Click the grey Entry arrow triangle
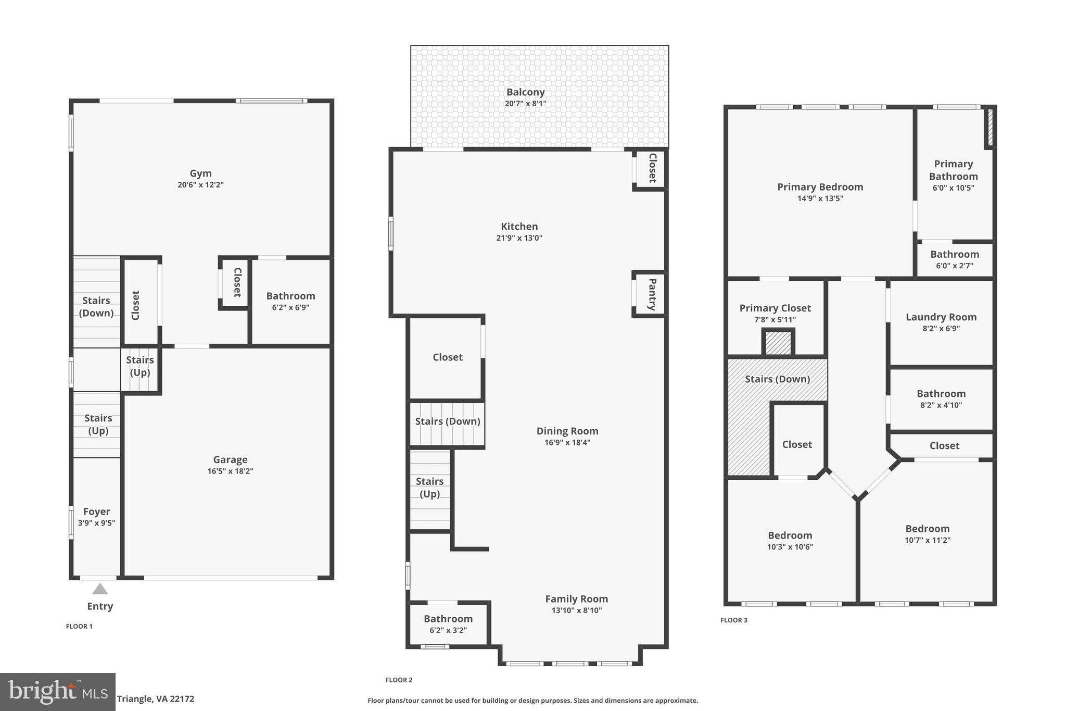[x=100, y=589]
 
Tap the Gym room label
[x=200, y=173]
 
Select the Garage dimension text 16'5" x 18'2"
[x=230, y=471]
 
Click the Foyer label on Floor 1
[x=96, y=512]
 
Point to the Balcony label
[x=525, y=92]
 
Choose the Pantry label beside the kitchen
[x=652, y=294]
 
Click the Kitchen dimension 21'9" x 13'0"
[x=519, y=238]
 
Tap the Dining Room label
[x=567, y=431]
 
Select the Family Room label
[x=576, y=599]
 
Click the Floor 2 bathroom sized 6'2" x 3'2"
[x=448, y=624]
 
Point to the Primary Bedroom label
[x=820, y=187]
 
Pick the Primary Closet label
[x=775, y=308]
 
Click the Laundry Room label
[x=941, y=317]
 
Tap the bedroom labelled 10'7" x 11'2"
[x=927, y=534]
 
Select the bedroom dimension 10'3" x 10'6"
[x=790, y=547]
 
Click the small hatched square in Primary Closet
[x=778, y=343]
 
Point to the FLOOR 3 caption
[x=733, y=620]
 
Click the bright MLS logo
[x=57, y=692]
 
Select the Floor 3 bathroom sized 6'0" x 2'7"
[x=954, y=259]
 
